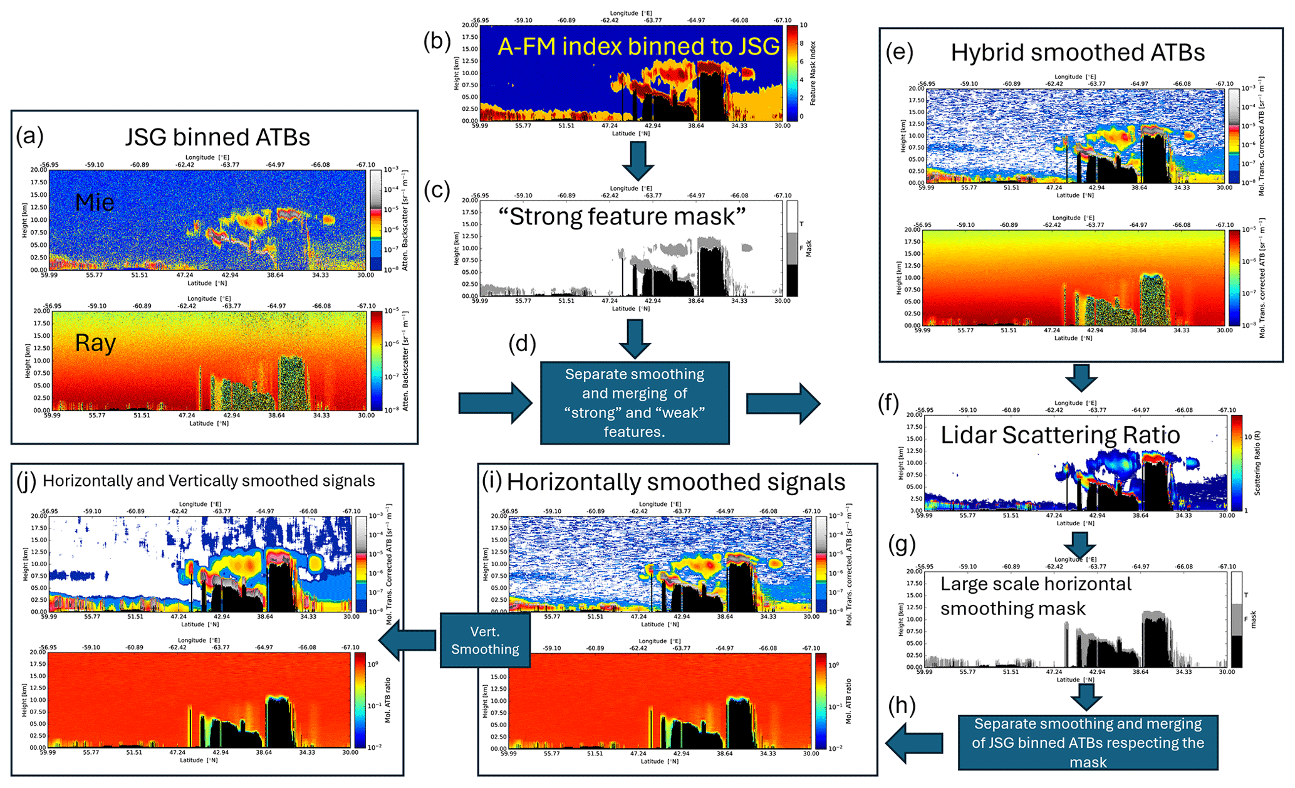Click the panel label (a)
tap(30, 135)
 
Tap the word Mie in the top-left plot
tap(95, 202)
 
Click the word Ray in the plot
tap(95, 343)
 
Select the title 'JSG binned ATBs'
tap(217, 137)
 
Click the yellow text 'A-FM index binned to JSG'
tap(638, 46)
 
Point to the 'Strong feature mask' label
tap(621, 216)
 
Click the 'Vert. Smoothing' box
tap(485, 640)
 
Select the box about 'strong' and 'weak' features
tap(635, 402)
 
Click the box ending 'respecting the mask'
tap(1088, 743)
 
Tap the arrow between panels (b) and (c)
tap(638, 161)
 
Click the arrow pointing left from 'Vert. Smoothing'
tap(407, 640)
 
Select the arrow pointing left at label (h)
tap(914, 743)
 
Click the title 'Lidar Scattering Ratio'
tap(1060, 434)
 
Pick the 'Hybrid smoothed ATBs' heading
tap(1078, 53)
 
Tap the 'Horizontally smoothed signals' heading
tap(676, 481)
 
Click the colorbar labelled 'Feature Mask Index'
tap(793, 73)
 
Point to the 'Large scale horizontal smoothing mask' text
tap(1036, 596)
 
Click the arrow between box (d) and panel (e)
tap(783, 403)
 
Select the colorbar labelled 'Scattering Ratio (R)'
tap(1236, 463)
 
